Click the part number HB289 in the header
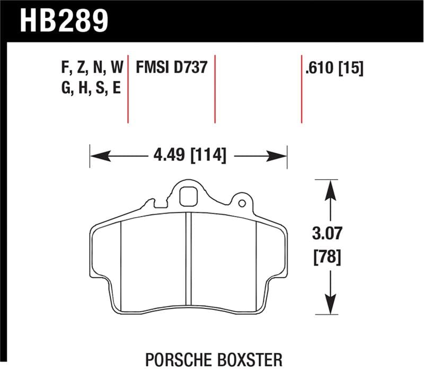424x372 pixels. coord(64,21)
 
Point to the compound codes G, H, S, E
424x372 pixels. coord(91,88)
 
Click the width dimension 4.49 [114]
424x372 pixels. coord(189,155)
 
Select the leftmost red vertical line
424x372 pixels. coord(128,88)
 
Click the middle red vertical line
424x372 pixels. coord(215,88)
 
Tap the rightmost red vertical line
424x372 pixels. coord(302,88)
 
